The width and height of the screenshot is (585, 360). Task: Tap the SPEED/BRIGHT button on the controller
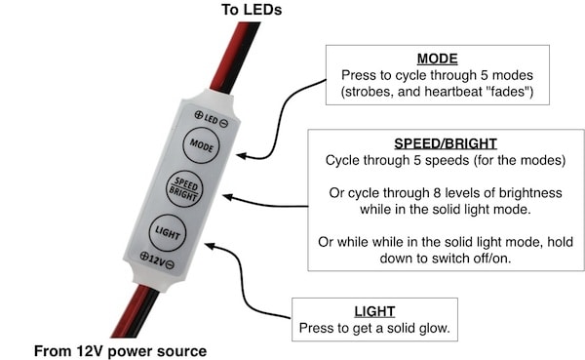pos(184,189)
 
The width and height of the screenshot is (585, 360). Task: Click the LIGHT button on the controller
pos(168,232)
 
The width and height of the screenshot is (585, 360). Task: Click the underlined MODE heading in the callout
pos(437,59)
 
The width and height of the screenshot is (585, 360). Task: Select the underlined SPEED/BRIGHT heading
pos(446,143)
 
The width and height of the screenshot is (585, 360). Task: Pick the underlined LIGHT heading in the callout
pos(374,311)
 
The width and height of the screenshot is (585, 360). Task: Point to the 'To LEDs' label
pos(252,10)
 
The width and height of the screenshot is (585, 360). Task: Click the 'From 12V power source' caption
pos(120,351)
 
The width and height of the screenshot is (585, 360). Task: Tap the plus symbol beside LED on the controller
pos(199,115)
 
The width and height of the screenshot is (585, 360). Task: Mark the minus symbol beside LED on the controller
pos(223,123)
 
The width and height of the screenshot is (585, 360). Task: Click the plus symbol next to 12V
pos(144,256)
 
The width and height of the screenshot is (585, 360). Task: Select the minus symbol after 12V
pos(170,264)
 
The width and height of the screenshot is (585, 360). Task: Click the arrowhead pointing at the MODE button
pos(241,156)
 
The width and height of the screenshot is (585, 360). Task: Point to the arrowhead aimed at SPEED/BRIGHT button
pos(227,197)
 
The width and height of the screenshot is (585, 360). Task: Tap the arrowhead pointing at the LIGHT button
pos(210,246)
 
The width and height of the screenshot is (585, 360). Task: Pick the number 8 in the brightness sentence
pos(437,193)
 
